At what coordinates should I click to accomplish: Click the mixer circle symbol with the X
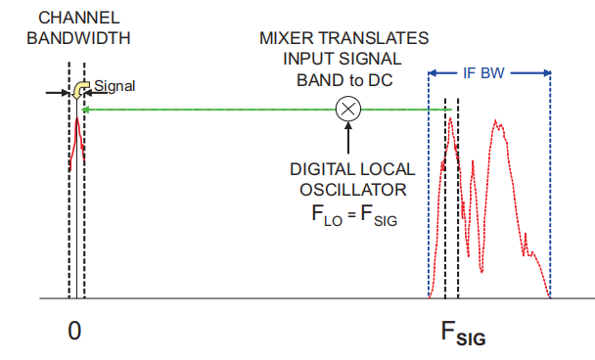346,110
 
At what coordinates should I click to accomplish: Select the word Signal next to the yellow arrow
114,86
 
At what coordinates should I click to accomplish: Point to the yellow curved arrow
79,91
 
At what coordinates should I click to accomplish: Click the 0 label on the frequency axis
74,331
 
